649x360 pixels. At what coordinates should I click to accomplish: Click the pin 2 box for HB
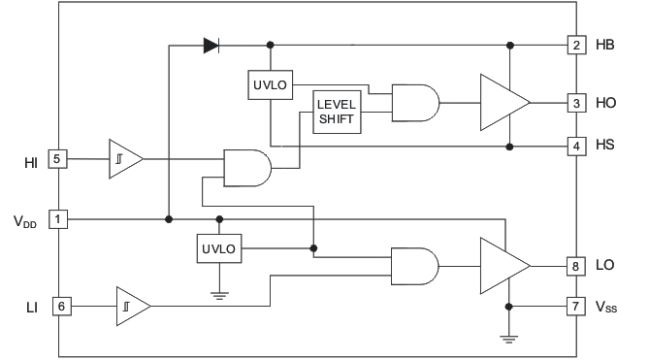pos(575,46)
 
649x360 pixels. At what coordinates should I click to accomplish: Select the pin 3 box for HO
pos(575,102)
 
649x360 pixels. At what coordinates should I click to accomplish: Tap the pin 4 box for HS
pos(575,147)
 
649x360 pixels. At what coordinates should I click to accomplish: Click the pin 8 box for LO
pos(575,265)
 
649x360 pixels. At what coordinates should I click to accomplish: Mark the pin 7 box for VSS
pos(575,307)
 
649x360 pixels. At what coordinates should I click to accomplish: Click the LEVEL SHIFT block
pos(336,112)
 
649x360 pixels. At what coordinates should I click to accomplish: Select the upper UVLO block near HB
pos(269,85)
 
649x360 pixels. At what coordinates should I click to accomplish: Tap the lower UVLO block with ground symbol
pos(218,248)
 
